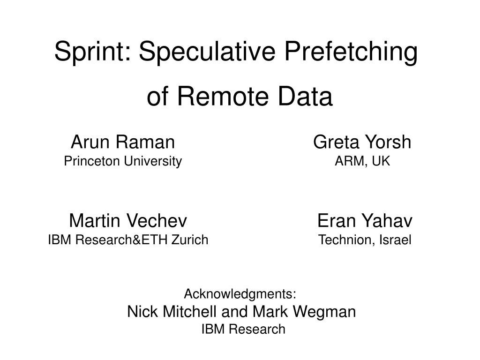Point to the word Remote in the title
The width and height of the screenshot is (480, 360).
coord(223,97)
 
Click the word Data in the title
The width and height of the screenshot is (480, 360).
coord(305,97)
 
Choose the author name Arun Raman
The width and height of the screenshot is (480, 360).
coord(123,142)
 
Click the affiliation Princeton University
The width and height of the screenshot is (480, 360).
coord(123,161)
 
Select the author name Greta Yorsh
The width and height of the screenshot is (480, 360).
coord(362,142)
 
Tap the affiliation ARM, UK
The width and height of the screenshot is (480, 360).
coord(362,161)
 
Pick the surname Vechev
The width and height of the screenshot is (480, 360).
coord(156,220)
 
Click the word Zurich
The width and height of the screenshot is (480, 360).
coord(190,240)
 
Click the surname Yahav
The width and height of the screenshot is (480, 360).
coord(387,220)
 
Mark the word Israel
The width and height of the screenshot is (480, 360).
coord(395,240)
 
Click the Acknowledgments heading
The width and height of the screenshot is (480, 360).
coord(240,294)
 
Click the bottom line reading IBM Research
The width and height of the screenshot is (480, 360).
coord(243,330)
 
